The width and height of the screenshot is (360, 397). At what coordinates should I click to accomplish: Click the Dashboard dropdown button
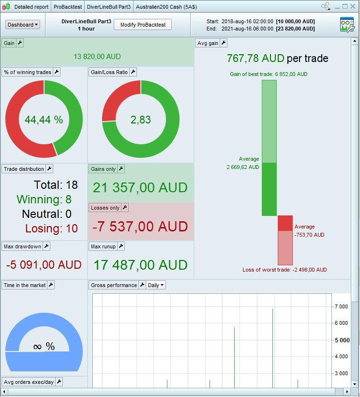pyautogui.click(x=22, y=25)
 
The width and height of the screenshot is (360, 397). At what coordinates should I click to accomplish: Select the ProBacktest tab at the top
pyautogui.click(x=67, y=7)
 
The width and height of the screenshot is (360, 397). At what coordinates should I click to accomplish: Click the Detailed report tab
pyautogui.click(x=31, y=7)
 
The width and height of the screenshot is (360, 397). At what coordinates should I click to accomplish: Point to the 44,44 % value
pyautogui.click(x=44, y=120)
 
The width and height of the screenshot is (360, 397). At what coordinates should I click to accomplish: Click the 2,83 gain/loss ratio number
pyautogui.click(x=141, y=120)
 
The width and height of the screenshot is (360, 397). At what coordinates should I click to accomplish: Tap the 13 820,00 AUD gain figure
pyautogui.click(x=97, y=57)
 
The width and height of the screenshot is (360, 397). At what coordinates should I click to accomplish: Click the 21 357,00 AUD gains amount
pyautogui.click(x=140, y=188)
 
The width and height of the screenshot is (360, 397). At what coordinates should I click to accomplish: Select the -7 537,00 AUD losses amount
pyautogui.click(x=140, y=227)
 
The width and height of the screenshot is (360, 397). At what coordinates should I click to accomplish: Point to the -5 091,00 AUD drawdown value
pyautogui.click(x=44, y=265)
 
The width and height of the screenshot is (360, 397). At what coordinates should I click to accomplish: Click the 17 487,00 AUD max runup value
pyautogui.click(x=140, y=265)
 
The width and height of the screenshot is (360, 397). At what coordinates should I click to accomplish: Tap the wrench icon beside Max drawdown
pyautogui.click(x=46, y=246)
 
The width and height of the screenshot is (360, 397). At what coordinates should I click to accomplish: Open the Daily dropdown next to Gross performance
pyautogui.click(x=156, y=285)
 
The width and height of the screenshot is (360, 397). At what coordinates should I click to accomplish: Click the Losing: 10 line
pyautogui.click(x=51, y=229)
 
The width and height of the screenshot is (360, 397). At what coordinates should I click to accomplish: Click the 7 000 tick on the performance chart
pyautogui.click(x=341, y=306)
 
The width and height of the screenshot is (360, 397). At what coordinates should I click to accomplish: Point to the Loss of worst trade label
pyautogui.click(x=285, y=270)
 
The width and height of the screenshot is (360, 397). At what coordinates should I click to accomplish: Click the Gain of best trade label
pyautogui.click(x=269, y=74)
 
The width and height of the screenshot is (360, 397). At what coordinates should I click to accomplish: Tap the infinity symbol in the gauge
pyautogui.click(x=37, y=347)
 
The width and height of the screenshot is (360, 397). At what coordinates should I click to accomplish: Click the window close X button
pyautogui.click(x=353, y=7)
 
